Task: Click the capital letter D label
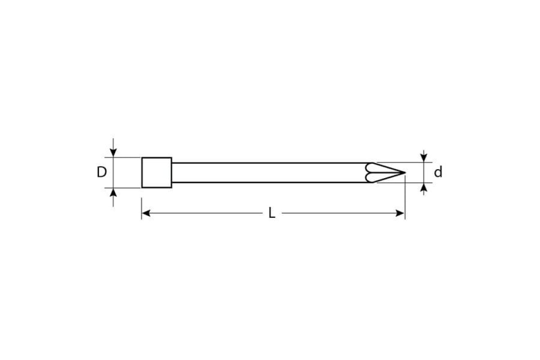(x=102, y=172)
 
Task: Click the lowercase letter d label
(x=438, y=172)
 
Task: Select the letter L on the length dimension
(x=272, y=213)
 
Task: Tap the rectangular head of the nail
(x=157, y=172)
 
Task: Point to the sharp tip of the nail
(x=405, y=172)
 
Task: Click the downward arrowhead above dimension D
(x=113, y=153)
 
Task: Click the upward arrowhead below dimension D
(x=113, y=193)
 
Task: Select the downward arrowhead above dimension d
(x=423, y=158)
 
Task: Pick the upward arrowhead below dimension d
(x=423, y=187)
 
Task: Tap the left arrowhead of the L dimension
(x=146, y=213)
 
